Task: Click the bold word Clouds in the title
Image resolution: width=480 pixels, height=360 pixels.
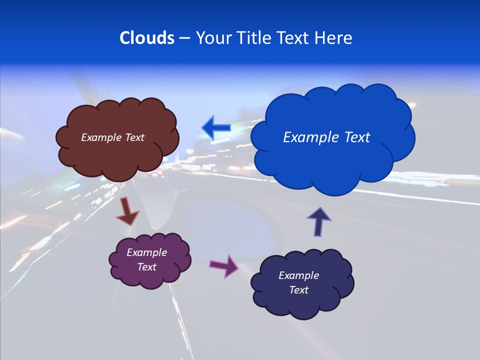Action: [x=147, y=38]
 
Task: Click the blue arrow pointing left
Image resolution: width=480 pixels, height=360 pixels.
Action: [x=216, y=128]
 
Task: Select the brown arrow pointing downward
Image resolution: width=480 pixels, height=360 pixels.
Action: [x=127, y=212]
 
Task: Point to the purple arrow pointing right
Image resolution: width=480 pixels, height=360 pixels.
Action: [x=224, y=265]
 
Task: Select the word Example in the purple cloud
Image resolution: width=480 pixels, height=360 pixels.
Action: [x=146, y=252]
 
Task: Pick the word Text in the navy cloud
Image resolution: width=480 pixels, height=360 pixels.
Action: [x=298, y=290]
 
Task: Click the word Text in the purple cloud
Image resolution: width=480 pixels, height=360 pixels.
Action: [x=146, y=267]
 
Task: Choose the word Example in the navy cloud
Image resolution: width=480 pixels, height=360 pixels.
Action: [x=298, y=275]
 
